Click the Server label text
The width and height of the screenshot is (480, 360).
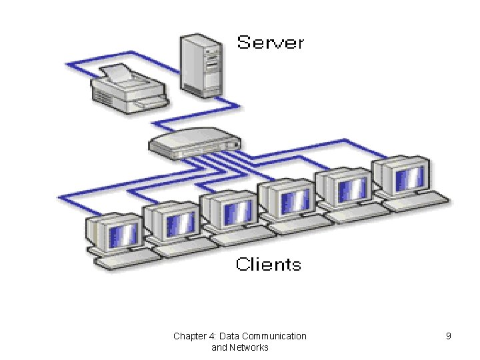pos(270,43)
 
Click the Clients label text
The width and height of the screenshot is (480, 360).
pos(268,265)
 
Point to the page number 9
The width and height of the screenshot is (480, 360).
pos(449,336)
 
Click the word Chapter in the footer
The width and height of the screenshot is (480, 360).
pos(189,336)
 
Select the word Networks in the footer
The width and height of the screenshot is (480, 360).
pos(249,347)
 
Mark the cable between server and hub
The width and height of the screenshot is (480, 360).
pos(200,113)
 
